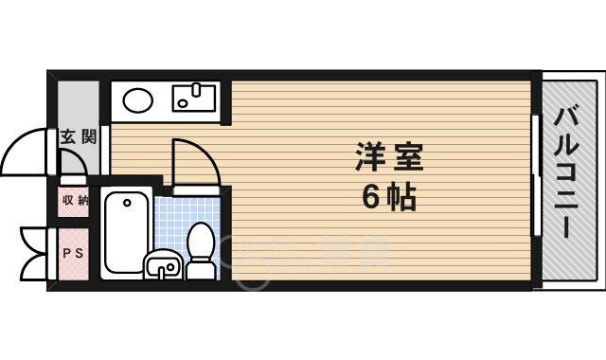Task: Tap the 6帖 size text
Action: (x=388, y=198)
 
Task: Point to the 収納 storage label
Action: (x=74, y=201)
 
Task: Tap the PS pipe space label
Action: (x=73, y=253)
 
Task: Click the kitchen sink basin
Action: (x=196, y=99)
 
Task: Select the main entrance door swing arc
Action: (x=27, y=152)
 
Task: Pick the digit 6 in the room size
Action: (x=371, y=198)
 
